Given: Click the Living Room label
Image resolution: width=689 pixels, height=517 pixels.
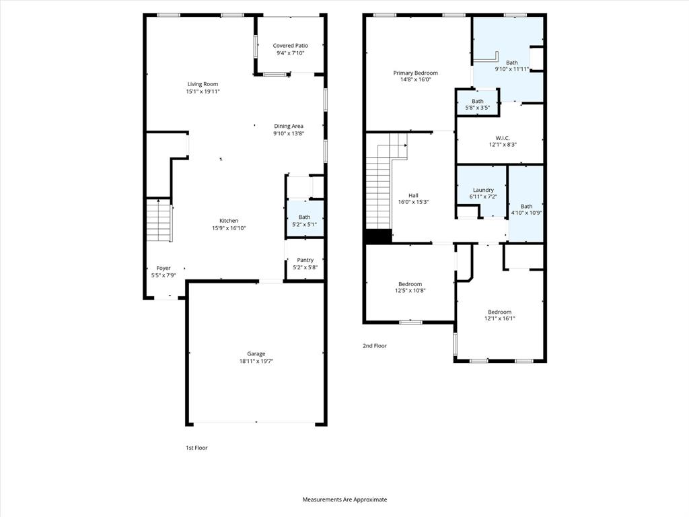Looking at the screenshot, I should pyautogui.click(x=203, y=84).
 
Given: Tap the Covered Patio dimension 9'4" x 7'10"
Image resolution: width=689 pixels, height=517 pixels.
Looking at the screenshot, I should pyautogui.click(x=290, y=53).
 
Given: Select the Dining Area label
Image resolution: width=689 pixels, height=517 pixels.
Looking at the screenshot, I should pyautogui.click(x=289, y=126).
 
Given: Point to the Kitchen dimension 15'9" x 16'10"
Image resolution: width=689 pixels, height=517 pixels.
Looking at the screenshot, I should pyautogui.click(x=229, y=228).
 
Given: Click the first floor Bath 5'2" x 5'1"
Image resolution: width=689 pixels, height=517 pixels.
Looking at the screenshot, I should pyautogui.click(x=305, y=220).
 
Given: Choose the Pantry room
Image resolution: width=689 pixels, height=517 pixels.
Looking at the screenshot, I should pyautogui.click(x=305, y=263).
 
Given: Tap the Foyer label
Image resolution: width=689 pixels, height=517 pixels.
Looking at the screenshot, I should pyautogui.click(x=164, y=268).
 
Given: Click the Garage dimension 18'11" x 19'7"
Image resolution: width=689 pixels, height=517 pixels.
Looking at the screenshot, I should pyautogui.click(x=256, y=361).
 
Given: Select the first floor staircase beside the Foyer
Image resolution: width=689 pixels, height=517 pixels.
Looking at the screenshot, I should pyautogui.click(x=159, y=221).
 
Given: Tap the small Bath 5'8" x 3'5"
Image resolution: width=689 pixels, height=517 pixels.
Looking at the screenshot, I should pyautogui.click(x=477, y=104).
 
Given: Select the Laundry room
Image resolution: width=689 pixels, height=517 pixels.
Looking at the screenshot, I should pyautogui.click(x=483, y=193).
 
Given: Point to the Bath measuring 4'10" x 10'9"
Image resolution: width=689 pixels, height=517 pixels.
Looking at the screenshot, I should pyautogui.click(x=526, y=210).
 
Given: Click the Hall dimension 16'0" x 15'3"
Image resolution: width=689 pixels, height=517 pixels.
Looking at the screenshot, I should pyautogui.click(x=413, y=202).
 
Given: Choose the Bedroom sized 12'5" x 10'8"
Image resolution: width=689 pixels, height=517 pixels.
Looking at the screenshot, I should pyautogui.click(x=410, y=287).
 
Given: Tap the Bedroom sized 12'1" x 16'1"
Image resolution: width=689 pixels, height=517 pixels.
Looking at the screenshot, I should pyautogui.click(x=499, y=315).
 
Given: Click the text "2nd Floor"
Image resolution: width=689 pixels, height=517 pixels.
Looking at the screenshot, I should pyautogui.click(x=375, y=346).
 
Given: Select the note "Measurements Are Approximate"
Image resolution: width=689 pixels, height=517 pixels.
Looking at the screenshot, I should pyautogui.click(x=344, y=499).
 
